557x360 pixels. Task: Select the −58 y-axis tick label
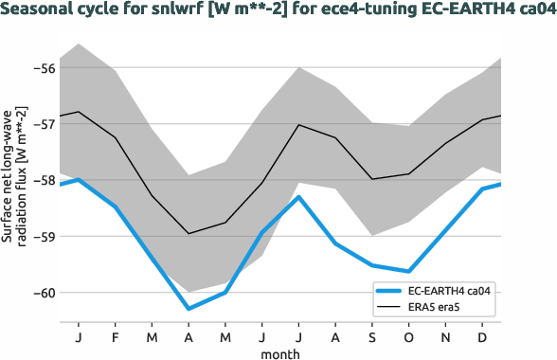point(43,179)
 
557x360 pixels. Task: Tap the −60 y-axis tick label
point(43,292)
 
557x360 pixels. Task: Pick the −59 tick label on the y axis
point(43,236)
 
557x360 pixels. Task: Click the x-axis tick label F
point(115,336)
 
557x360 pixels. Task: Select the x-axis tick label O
point(409,336)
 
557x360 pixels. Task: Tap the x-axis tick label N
point(446,336)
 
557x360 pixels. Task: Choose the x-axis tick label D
point(483,336)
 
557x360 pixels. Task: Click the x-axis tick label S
point(372,336)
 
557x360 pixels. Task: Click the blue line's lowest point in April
point(189,309)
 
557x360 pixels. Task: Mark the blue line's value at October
point(409,272)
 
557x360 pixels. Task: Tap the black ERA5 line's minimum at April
point(189,233)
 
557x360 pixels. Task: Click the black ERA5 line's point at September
point(372,179)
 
